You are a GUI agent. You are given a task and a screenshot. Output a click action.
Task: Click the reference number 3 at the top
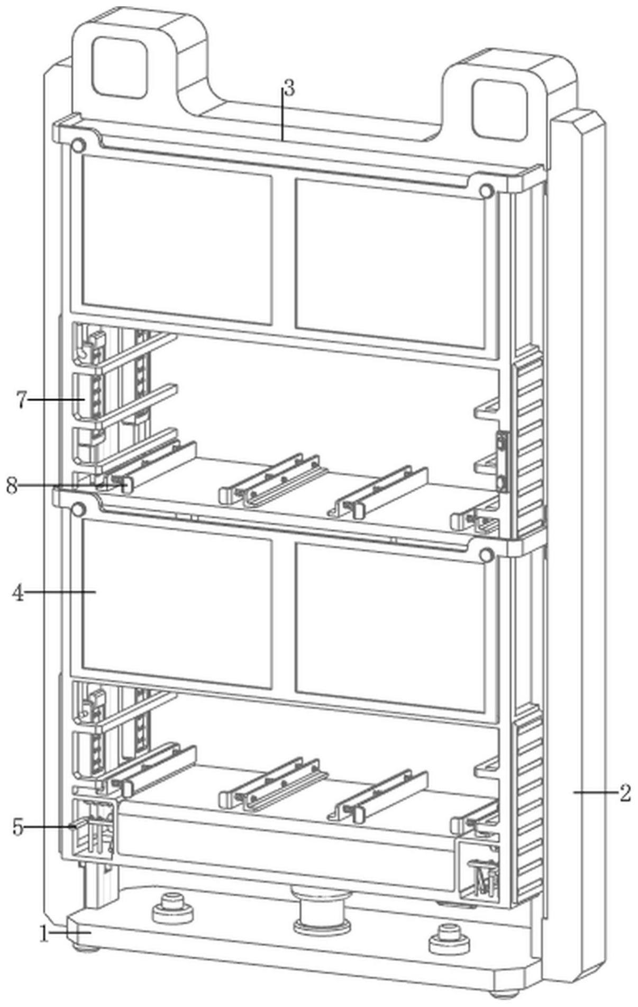point(288,88)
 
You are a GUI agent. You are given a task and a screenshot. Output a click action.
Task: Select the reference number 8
point(12,485)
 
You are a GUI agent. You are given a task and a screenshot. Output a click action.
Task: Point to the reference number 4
point(18,593)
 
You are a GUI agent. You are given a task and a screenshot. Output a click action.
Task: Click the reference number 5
point(18,826)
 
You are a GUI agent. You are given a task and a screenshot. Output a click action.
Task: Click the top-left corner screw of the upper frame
point(79,145)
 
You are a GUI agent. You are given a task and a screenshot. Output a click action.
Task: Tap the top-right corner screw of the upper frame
point(486,191)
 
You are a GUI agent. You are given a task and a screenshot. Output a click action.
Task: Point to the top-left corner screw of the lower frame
point(78,510)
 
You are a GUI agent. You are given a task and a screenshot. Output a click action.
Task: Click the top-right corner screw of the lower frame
point(486,555)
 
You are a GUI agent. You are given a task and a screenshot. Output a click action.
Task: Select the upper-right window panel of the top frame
point(390,264)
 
